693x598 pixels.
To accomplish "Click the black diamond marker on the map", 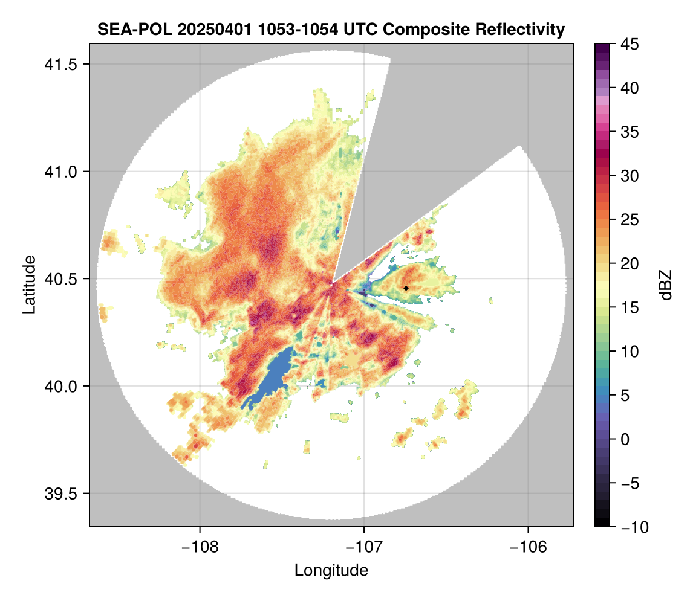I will tap(406, 288).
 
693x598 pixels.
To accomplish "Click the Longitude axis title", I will tap(331, 570).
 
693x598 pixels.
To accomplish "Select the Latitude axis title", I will tap(29, 285).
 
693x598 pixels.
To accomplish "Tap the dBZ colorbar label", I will tap(666, 285).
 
